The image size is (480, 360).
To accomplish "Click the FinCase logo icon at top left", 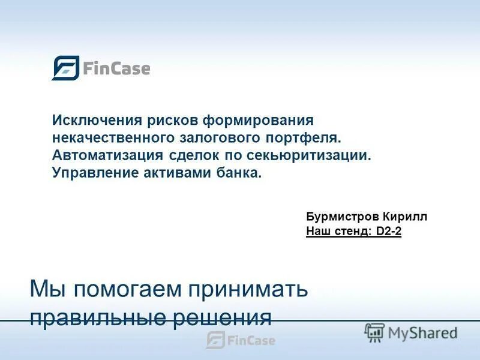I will [x=65, y=68].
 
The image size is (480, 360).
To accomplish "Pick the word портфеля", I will [x=305, y=138].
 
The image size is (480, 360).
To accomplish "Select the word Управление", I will [x=91, y=173].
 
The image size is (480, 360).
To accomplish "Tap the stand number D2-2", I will [x=389, y=232].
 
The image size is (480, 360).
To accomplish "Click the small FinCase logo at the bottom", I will [x=240, y=340].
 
